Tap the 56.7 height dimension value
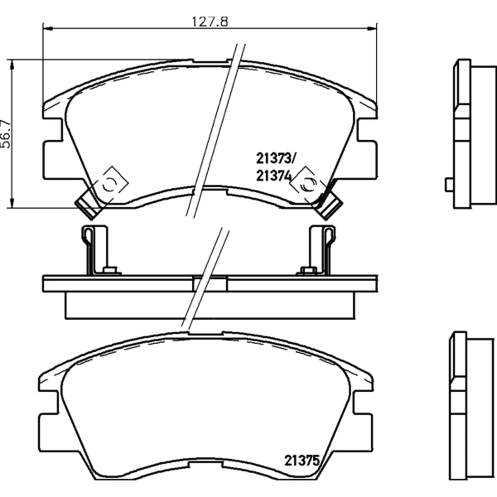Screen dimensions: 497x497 pos(6,134)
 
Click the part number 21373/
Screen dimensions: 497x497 pos(275,159)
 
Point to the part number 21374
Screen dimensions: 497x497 pos(274,176)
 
